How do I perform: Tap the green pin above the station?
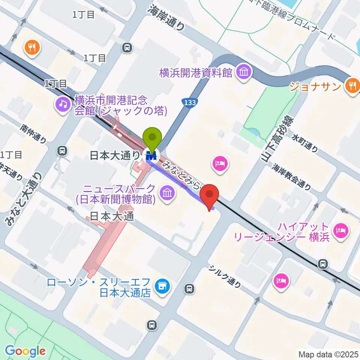(152, 138)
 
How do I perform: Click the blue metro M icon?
(152, 154)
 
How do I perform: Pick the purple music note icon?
(62, 103)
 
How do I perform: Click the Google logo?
(25, 351)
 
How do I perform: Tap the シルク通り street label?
(225, 277)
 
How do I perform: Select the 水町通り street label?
(305, 143)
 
